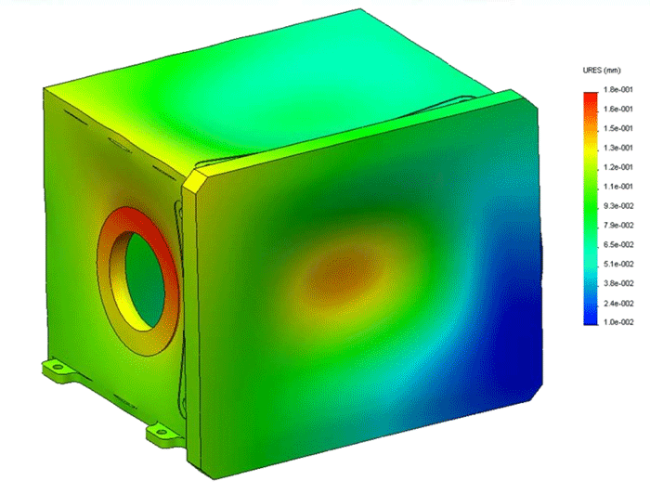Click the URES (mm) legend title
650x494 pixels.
[x=598, y=70]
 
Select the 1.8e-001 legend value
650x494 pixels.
[x=616, y=89]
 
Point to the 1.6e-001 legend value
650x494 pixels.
[x=616, y=109]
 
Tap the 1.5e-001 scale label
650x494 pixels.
[x=616, y=128]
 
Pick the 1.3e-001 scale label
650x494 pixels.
[x=616, y=148]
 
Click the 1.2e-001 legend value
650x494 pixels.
[x=616, y=167]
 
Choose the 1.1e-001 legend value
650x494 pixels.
[x=616, y=186]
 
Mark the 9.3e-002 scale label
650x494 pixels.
[x=616, y=205]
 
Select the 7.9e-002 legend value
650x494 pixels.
[x=616, y=225]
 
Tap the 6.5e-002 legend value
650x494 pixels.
[x=616, y=244]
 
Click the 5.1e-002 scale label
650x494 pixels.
[x=616, y=264]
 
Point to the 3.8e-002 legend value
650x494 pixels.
[x=616, y=283]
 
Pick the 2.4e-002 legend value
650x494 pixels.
[x=616, y=303]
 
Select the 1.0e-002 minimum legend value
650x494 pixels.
[x=616, y=322]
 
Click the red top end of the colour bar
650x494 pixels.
[x=591, y=97]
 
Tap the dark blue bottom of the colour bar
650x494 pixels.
[x=591, y=317]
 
